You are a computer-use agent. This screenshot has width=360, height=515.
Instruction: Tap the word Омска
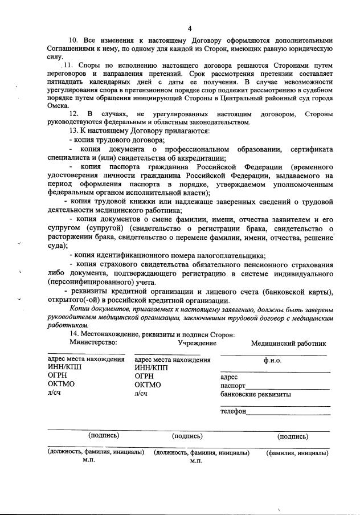coord(58,106)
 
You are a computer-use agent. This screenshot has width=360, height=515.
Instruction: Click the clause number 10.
coord(73,42)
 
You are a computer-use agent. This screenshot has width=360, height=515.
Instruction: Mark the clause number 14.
coord(74,334)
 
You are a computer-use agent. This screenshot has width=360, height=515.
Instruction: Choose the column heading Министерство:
coord(93,342)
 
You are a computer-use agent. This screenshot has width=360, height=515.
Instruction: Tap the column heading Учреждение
coord(197,343)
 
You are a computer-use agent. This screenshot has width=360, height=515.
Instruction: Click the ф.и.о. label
coord(272,360)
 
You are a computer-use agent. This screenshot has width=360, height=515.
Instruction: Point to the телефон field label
coord(233,411)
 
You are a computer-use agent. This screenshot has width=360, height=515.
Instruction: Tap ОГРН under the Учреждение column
coord(145,376)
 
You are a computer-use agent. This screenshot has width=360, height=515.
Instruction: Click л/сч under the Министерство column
coord(55,393)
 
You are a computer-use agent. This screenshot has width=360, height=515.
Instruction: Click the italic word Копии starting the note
coord(80,308)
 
